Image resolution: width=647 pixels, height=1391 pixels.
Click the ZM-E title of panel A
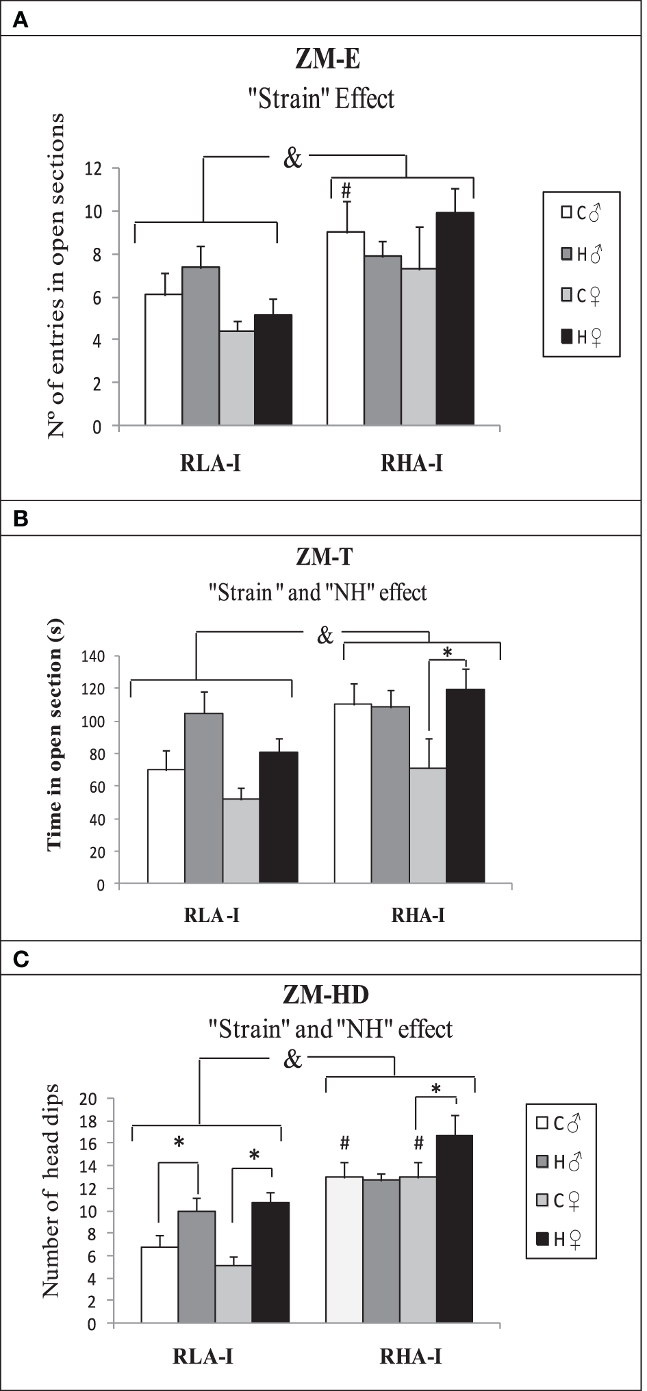click(327, 60)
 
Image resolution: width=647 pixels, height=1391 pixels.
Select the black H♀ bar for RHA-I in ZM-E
click(455, 319)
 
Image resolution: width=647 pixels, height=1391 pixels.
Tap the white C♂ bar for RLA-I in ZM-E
click(164, 359)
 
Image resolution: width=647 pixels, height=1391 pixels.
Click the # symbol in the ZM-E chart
click(346, 190)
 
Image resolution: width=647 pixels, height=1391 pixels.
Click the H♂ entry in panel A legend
click(581, 255)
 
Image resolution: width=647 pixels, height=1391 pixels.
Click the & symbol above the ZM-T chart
click(325, 635)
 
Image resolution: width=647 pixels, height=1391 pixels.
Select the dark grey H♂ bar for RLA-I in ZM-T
click(203, 798)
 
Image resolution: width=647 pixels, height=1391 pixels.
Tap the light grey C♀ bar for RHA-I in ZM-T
click(427, 826)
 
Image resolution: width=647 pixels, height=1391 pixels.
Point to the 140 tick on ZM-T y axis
click(92, 656)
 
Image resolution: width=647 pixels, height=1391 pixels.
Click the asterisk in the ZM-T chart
click(448, 653)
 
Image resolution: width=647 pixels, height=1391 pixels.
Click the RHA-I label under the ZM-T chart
click(418, 915)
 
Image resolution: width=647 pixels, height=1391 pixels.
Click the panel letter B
click(21, 519)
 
